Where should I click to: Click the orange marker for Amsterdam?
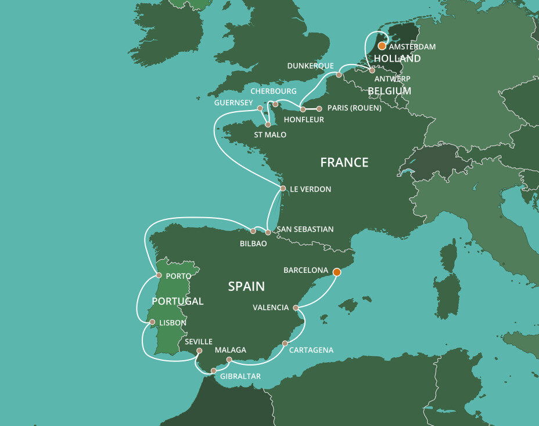(x=382, y=45)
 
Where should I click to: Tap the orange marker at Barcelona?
(x=336, y=271)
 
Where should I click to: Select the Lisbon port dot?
(x=152, y=322)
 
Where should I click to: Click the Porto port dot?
(x=159, y=275)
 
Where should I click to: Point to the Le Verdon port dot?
(x=283, y=189)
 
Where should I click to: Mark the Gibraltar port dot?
(x=213, y=371)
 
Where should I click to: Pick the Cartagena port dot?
(x=285, y=343)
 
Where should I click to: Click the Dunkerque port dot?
(x=339, y=75)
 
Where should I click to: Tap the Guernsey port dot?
(x=260, y=108)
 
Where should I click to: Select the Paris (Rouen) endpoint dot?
(x=319, y=109)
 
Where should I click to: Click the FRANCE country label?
(x=344, y=162)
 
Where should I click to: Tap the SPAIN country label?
(x=246, y=286)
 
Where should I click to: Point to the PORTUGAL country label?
(x=177, y=301)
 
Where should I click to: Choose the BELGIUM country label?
(x=389, y=91)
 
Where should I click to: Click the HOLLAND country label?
(x=397, y=59)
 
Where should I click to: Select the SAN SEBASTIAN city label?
(x=305, y=229)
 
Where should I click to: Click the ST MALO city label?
(x=270, y=135)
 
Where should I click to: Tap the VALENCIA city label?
(x=271, y=307)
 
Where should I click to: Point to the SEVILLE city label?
(x=199, y=342)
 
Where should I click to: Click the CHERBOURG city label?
(x=273, y=92)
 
